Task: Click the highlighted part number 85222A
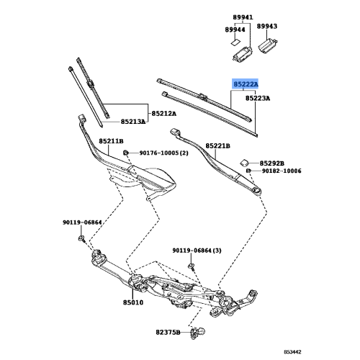[246, 84]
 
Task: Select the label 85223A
[258, 99]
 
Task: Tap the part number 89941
[243, 17]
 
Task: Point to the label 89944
[235, 30]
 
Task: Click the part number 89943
[267, 26]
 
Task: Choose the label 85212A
[164, 113]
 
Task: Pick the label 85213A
[133, 122]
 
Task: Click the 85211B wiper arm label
[111, 141]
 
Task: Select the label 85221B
[217, 146]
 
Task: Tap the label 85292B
[272, 163]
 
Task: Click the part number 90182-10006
[282, 171]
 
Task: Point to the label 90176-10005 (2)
[164, 153]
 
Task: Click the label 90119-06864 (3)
[197, 251]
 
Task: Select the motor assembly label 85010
[133, 302]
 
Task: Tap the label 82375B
[168, 333]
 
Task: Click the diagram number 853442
[292, 352]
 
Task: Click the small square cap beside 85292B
[245, 163]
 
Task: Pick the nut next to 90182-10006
[248, 171]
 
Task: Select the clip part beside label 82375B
[198, 333]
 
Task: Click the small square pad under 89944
[235, 42]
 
